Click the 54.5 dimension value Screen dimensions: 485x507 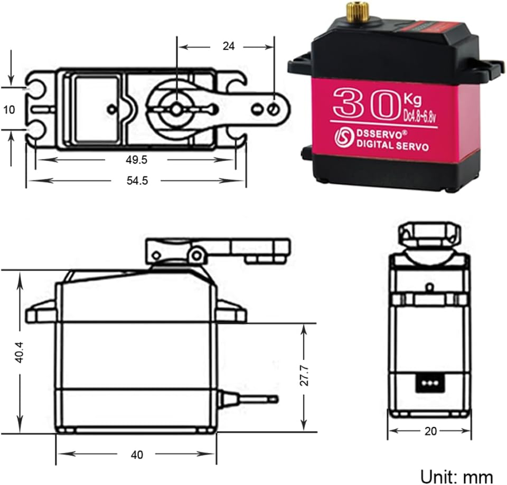pyautogui.click(x=136, y=180)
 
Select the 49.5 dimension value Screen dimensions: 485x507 pyautogui.click(x=136, y=159)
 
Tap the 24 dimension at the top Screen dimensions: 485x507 pyautogui.click(x=228, y=46)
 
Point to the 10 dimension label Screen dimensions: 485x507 pyautogui.click(x=9, y=110)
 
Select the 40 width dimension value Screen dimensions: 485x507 pyautogui.click(x=136, y=455)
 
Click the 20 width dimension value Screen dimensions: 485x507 pyautogui.click(x=430, y=432)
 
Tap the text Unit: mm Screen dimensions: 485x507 pyautogui.click(x=457, y=475)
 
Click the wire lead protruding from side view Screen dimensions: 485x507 pyautogui.click(x=248, y=399)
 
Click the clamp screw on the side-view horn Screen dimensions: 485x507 pyautogui.click(x=196, y=255)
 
